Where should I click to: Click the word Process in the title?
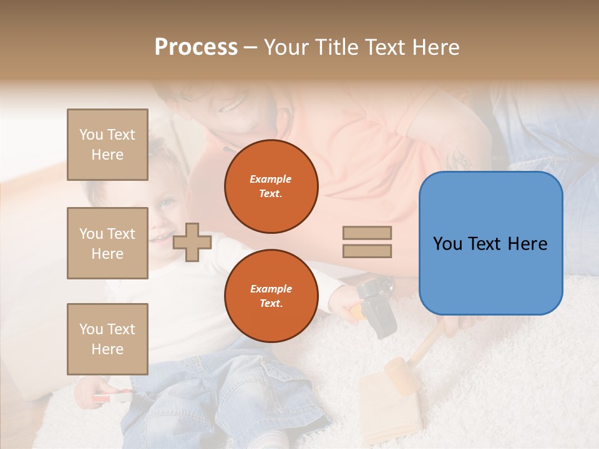point(196,47)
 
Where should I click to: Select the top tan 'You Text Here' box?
point(107,145)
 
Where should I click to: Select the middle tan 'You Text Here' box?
point(107,243)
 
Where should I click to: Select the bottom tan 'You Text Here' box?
point(107,339)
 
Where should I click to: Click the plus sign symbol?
point(192,242)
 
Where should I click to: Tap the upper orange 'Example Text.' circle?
point(271,186)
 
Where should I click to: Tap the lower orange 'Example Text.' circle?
point(271,296)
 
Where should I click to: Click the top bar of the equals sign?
point(367,233)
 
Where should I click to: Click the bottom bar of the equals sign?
point(367,251)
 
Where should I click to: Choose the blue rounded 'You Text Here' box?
point(490,243)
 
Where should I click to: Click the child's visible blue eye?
point(166,203)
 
